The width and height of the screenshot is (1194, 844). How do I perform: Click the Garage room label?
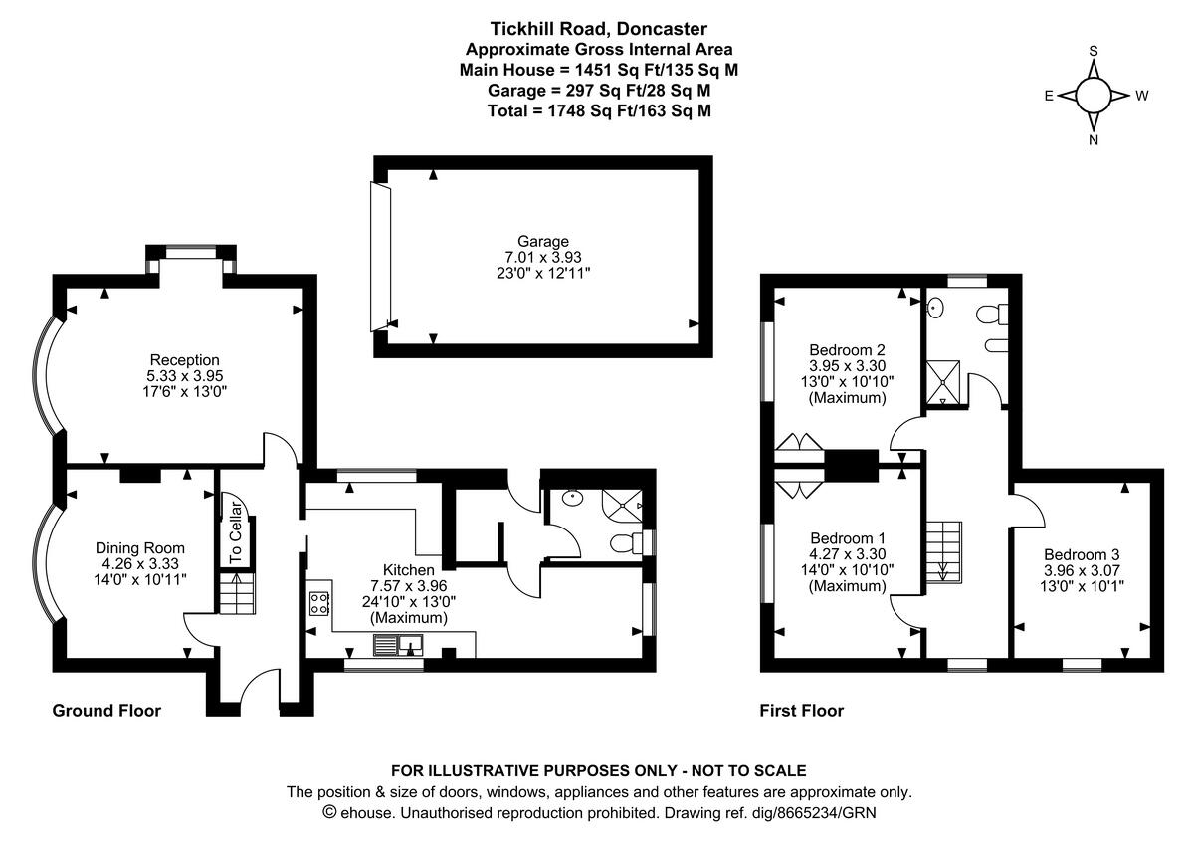click(x=543, y=241)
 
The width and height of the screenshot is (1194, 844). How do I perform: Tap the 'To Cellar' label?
click(x=235, y=532)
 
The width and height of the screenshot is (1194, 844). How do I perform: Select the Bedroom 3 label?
click(x=1082, y=554)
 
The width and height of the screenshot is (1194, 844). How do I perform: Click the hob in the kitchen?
click(x=319, y=604)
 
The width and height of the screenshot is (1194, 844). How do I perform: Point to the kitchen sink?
click(x=398, y=645)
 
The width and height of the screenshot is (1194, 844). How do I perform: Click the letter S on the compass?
click(x=1094, y=51)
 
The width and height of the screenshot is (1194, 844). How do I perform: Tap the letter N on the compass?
click(x=1094, y=140)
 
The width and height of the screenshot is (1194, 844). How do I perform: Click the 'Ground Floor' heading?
click(x=106, y=711)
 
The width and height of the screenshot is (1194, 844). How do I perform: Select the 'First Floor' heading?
click(x=802, y=711)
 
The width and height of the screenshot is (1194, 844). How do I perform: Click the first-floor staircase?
click(x=943, y=552)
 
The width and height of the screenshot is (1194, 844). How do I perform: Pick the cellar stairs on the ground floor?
click(x=237, y=593)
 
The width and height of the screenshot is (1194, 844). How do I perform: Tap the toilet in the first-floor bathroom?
click(x=992, y=314)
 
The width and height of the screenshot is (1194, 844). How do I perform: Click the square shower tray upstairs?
click(x=943, y=382)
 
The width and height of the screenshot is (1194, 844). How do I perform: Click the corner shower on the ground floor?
click(x=622, y=505)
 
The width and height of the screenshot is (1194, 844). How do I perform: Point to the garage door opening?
click(x=380, y=257)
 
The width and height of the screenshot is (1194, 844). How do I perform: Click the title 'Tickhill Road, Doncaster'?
click(x=599, y=28)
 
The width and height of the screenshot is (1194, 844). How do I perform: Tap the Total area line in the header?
click(x=599, y=110)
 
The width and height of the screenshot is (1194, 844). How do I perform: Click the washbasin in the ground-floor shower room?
click(x=572, y=498)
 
